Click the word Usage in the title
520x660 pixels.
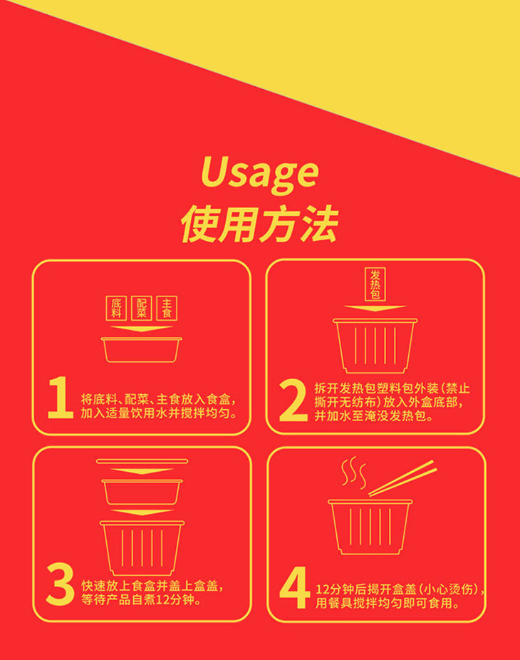pos(259,173)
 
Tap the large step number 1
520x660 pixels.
pos(60,399)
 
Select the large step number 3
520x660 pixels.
pos(60,586)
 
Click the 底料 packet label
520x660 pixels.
pos(117,308)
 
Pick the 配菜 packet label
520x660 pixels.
pos(142,308)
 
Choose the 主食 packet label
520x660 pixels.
pos(167,308)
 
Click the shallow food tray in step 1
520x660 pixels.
pos(142,349)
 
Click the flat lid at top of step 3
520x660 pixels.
pos(142,461)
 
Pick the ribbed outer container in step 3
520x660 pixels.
pos(142,545)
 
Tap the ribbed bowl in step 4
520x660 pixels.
pos(371,526)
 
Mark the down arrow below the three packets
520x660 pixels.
pos(142,329)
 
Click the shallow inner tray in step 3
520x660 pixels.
pos(142,492)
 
